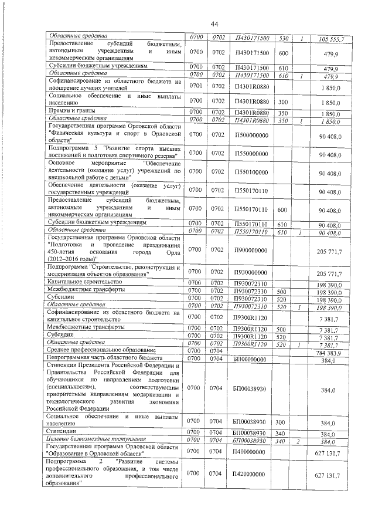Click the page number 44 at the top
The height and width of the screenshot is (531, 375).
coord(214,23)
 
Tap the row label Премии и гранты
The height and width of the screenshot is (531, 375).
coord(72,110)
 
